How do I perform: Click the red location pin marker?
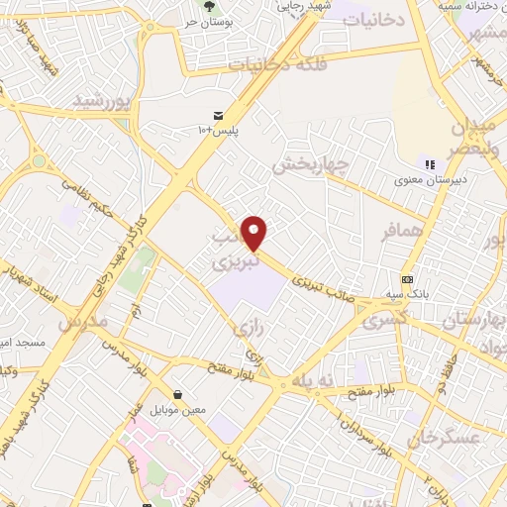[x=254, y=233]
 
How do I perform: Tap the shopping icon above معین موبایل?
[x=176, y=394]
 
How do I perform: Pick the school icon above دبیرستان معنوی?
[x=429, y=164]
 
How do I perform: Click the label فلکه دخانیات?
[x=270, y=63]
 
